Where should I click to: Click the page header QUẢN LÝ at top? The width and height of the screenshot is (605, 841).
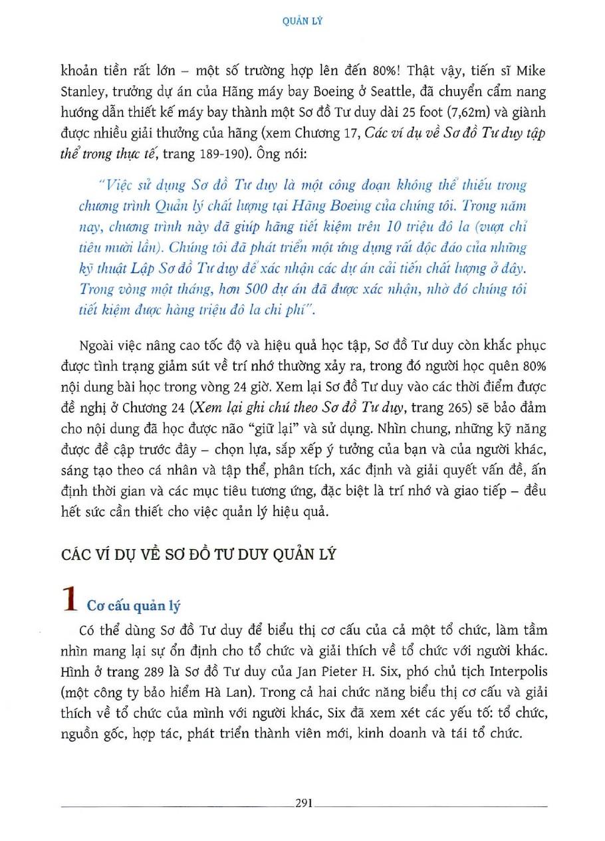(302, 21)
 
